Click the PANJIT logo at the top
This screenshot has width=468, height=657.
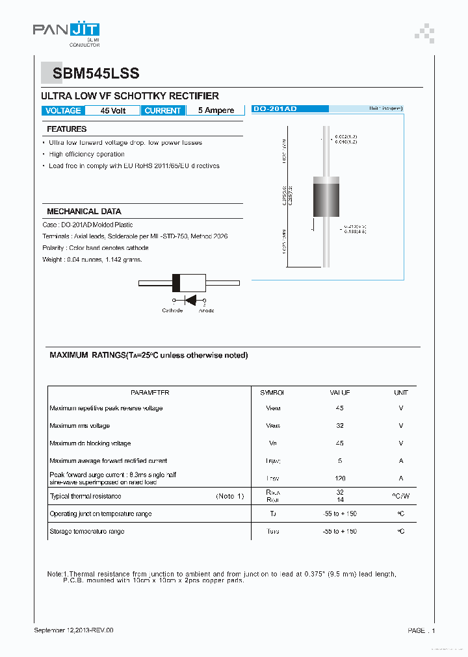click(x=66, y=31)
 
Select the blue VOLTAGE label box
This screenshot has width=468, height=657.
click(x=63, y=111)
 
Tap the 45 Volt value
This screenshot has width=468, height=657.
click(x=113, y=111)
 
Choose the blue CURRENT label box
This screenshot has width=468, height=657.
click(x=162, y=111)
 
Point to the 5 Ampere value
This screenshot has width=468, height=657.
click(x=216, y=111)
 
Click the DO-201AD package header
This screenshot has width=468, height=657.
click(x=275, y=109)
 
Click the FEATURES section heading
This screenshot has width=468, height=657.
click(x=67, y=129)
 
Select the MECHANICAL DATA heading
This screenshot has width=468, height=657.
click(x=84, y=212)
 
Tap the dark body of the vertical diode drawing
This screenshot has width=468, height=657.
click(x=326, y=200)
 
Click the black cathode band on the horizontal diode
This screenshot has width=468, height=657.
click(x=175, y=282)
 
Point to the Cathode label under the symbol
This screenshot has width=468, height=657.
click(x=172, y=310)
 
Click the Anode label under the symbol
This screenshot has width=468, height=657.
click(x=207, y=310)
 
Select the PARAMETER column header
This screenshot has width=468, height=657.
click(x=149, y=393)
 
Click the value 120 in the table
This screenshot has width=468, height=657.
click(x=340, y=478)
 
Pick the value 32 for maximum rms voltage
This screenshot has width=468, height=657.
click(x=340, y=426)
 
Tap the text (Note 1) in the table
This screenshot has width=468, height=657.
click(x=229, y=496)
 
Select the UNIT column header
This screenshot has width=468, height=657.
click(x=401, y=393)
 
